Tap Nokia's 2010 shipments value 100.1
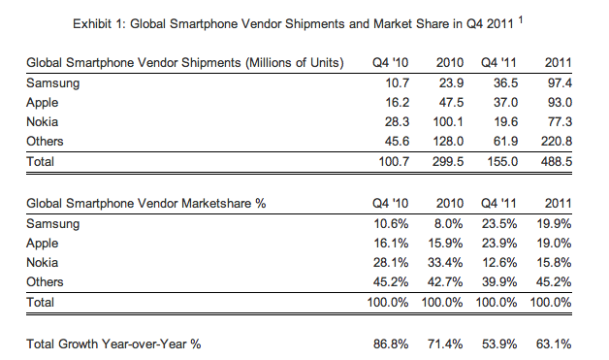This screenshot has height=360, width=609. [448, 122]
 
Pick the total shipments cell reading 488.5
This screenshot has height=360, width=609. [557, 161]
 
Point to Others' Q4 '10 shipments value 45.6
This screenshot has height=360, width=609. [397, 142]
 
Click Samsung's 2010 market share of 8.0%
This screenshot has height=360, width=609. [449, 224]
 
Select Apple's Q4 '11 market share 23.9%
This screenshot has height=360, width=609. [499, 244]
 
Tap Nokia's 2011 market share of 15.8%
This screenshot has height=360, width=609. [554, 263]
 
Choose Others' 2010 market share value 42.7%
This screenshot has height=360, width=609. [445, 282]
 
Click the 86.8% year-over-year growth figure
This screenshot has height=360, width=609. [391, 344]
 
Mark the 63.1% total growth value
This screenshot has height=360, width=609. [554, 344]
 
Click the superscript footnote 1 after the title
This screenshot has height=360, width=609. [521, 19]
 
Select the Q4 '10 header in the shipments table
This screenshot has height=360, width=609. [391, 63]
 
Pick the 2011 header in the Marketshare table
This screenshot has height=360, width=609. [559, 204]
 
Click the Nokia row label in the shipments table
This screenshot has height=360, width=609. [43, 122]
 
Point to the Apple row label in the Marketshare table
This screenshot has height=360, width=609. [43, 244]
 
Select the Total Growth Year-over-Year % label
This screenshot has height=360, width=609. [113, 344]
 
